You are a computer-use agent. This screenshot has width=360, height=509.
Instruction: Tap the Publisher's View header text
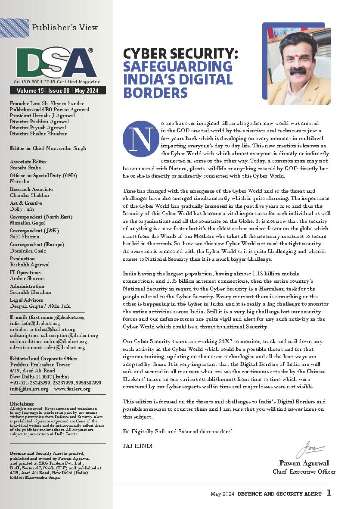65,27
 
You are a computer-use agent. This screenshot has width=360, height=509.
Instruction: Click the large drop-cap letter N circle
136,139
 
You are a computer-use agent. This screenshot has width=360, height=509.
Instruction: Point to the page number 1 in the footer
329,493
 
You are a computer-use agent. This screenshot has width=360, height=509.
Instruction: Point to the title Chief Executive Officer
304,472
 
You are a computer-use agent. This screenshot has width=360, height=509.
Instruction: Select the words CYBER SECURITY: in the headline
181,54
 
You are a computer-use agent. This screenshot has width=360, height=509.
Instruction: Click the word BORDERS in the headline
155,92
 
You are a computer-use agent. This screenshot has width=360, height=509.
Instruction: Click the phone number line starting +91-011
55,382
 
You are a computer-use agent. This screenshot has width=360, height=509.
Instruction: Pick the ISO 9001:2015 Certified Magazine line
57,81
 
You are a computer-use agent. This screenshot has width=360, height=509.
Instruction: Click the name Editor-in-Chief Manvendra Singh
47,148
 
